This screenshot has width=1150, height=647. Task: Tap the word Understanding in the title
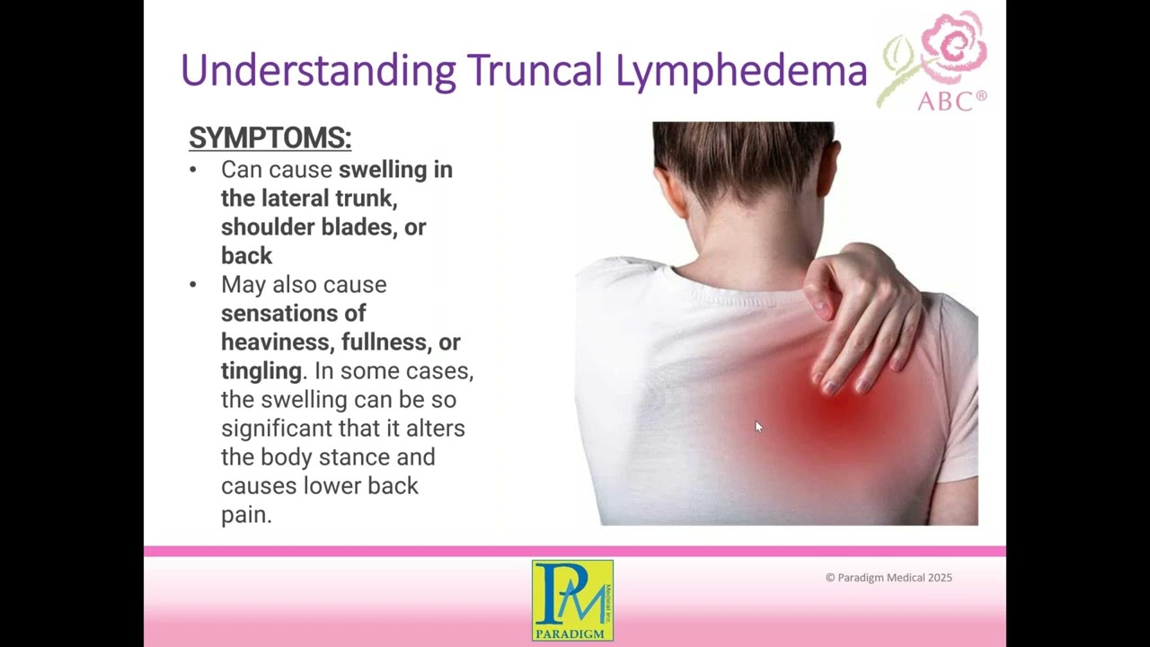(x=318, y=71)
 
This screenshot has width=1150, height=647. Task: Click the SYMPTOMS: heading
(x=270, y=138)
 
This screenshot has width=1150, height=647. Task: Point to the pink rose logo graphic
(x=951, y=47)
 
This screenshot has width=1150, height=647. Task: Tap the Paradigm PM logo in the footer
(x=572, y=600)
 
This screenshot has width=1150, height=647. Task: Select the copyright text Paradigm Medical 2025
(x=889, y=578)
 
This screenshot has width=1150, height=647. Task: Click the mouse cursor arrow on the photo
(x=758, y=427)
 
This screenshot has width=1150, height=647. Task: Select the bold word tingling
(x=261, y=371)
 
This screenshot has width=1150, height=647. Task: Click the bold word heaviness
(x=278, y=342)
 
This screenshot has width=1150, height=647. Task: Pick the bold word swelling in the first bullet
(x=383, y=170)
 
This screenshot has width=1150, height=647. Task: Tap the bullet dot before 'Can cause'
(x=193, y=170)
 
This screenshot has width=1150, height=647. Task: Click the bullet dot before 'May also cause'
(x=193, y=285)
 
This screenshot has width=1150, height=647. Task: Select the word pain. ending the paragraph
(x=246, y=515)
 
